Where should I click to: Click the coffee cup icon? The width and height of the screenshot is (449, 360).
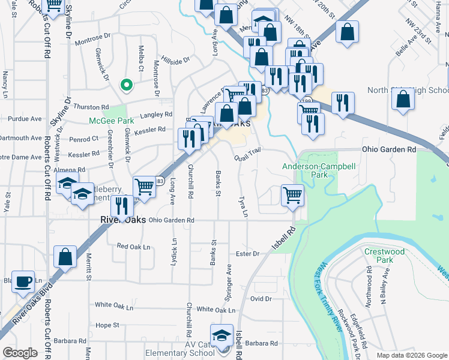pos(24,281)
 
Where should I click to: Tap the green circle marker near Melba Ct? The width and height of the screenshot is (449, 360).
pos(126,85)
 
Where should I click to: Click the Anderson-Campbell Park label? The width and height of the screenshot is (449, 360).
pos(306,170)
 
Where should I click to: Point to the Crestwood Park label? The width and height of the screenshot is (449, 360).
pos(384,256)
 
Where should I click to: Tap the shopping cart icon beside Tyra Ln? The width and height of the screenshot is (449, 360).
pos(292,194)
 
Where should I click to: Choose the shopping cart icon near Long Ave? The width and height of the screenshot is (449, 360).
pos(144,187)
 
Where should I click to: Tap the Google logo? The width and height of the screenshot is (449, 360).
pos(20,353)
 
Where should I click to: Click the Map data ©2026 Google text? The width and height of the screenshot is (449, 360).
pos(411,355)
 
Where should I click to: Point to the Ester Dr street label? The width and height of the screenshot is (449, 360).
pos(247,254)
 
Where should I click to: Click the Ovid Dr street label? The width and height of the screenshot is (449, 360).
pos(261,298)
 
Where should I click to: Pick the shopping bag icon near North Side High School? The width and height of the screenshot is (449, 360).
pos(403,99)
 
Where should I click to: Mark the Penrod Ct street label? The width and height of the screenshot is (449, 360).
pos(79,139)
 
